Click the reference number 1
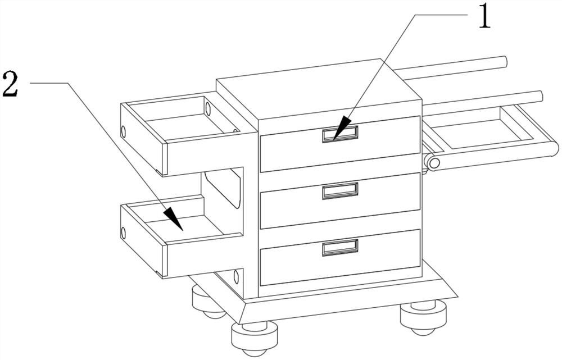pyautogui.click(x=484, y=16)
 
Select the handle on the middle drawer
pyautogui.click(x=340, y=190)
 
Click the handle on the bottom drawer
pyautogui.click(x=340, y=248)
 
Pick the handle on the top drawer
pyautogui.click(x=340, y=134)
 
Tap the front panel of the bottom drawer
pyautogui.click(x=340, y=257)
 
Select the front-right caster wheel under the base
pyautogui.click(x=423, y=317)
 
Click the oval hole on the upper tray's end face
pyautogui.click(x=124, y=132)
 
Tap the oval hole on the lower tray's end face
pyautogui.click(x=124, y=233)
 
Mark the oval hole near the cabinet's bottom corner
pyautogui.click(x=236, y=277)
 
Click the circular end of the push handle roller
pyautogui.click(x=434, y=163)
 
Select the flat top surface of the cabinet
pyautogui.click(x=318, y=89)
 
